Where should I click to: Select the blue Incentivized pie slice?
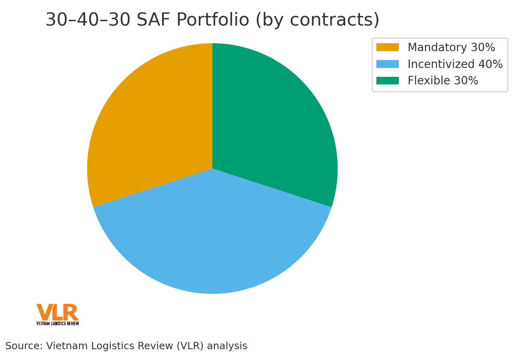pos(212,240)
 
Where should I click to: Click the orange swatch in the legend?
pos(387,48)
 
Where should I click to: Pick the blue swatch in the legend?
pos(387,64)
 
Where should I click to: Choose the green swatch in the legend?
pos(387,81)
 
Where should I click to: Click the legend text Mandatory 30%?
pos(451,48)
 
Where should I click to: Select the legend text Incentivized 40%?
pos(455,64)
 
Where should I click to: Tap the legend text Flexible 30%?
pos(443,81)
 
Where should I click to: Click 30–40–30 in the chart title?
pos(88,20)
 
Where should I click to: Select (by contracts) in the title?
pos(317,20)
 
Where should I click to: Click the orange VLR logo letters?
pos(57,312)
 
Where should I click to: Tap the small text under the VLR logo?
pos(58,323)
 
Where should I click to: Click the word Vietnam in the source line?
pos(66,346)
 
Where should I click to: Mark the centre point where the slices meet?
pos(212,168)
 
